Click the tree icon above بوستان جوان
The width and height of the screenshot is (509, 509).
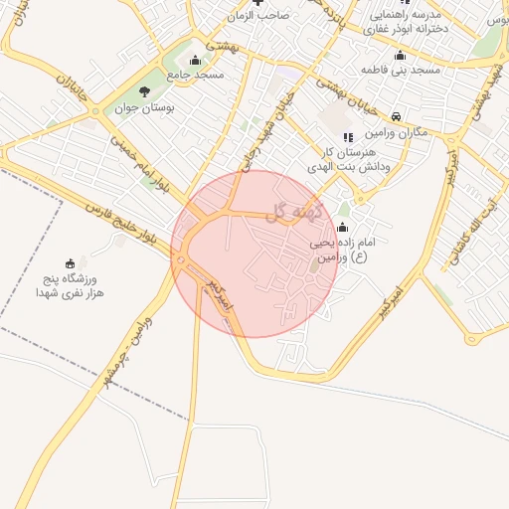tap(144, 92)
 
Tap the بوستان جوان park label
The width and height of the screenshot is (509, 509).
tap(144, 109)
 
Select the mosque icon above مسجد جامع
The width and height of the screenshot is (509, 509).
tap(194, 60)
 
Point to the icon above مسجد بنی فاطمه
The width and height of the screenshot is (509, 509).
tap(400, 55)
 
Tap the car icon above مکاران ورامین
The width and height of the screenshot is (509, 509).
tap(397, 115)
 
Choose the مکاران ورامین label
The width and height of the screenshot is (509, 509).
tap(395, 132)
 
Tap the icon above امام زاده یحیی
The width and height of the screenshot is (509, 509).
tap(344, 226)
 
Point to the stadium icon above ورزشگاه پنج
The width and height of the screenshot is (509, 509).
tap(70, 263)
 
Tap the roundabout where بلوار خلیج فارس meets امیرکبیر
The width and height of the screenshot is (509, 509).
tap(181, 261)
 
